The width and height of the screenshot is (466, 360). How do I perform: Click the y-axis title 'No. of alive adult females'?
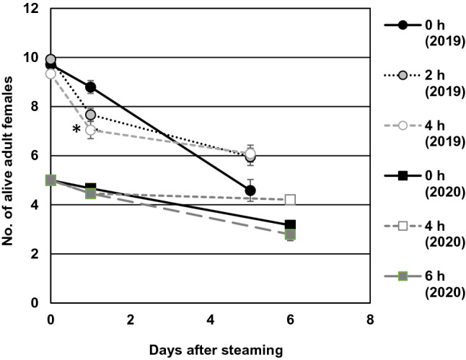click(x=10, y=156)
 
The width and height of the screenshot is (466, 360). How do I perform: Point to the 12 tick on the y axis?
click(x=35, y=9)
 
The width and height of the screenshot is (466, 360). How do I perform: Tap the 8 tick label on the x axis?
click(x=369, y=318)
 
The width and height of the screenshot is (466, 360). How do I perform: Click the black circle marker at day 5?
click(x=250, y=190)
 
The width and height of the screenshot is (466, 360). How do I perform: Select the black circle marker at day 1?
click(x=90, y=87)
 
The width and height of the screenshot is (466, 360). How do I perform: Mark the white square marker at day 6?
click(x=290, y=200)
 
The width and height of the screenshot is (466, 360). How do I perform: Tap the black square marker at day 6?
click(x=290, y=225)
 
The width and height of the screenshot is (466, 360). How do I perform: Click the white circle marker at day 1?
click(x=90, y=131)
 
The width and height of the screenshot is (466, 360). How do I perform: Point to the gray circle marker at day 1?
click(x=90, y=115)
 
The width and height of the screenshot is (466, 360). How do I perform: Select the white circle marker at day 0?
click(x=50, y=74)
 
